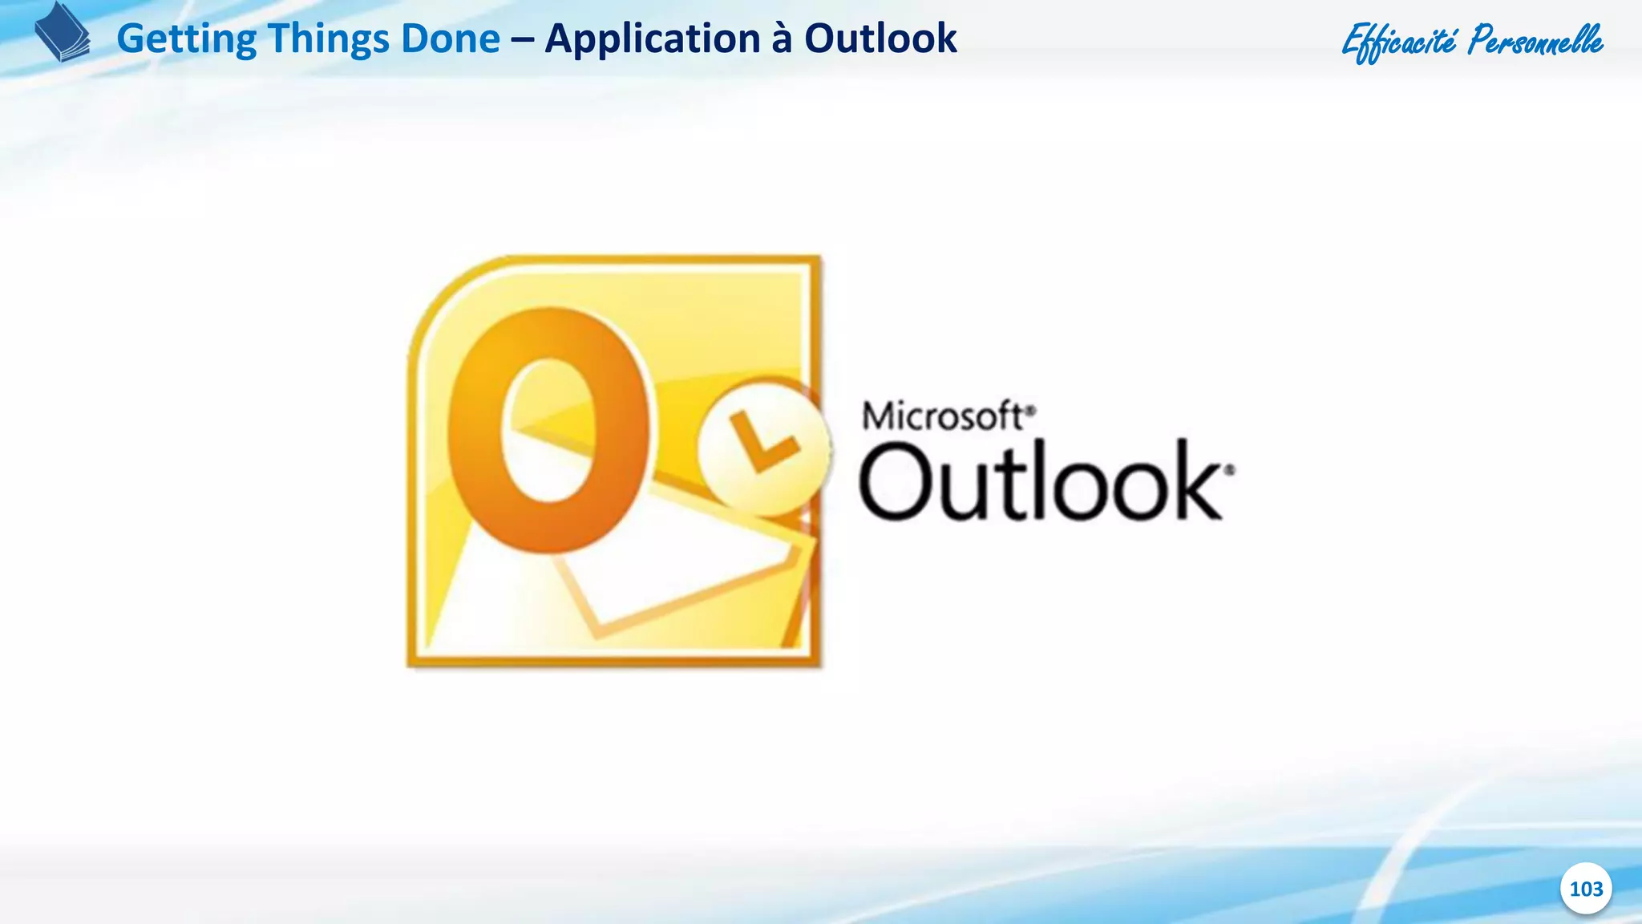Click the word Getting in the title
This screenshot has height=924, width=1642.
coord(186,39)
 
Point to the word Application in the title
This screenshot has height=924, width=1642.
coord(652,39)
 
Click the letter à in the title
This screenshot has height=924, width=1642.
coord(782,39)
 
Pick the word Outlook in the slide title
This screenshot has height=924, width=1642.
coord(880,39)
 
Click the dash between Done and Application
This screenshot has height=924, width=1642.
coord(522,39)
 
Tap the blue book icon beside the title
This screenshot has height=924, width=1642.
coord(63,32)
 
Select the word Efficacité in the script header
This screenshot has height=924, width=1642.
coord(1399,41)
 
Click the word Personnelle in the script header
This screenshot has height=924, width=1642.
coord(1535,41)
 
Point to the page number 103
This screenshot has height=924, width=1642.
coord(1586,889)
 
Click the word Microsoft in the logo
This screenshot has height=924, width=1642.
coord(942,416)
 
